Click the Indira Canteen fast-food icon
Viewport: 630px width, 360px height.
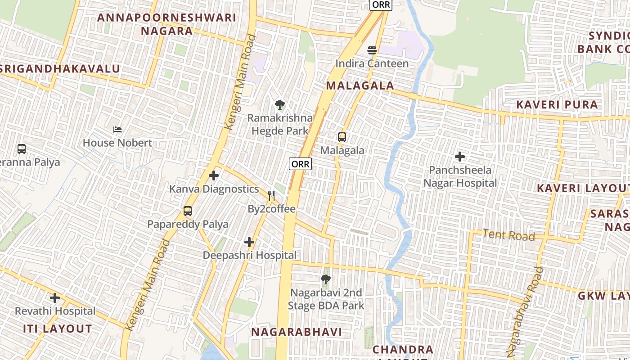point(372,50)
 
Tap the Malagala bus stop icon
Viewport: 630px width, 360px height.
point(342,137)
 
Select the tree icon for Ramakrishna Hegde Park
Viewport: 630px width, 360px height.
point(280,105)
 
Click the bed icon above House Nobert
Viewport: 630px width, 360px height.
point(117,130)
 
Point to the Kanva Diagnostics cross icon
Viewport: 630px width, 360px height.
point(214,175)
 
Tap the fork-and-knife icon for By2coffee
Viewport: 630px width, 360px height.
point(271,195)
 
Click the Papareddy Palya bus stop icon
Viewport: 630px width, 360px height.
point(188,211)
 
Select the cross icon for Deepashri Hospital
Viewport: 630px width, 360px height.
point(249,242)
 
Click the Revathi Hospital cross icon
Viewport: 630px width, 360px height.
point(55,298)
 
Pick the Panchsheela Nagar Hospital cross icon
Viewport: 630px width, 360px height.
point(460,157)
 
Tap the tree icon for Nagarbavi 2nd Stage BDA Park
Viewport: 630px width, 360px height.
point(326,279)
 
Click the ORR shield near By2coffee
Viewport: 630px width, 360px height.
point(300,164)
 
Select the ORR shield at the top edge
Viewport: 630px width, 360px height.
point(381,4)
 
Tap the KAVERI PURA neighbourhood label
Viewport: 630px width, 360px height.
point(557,105)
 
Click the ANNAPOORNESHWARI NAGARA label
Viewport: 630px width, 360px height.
point(166,24)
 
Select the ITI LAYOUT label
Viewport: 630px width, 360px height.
point(58,329)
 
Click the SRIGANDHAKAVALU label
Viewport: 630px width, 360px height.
point(60,69)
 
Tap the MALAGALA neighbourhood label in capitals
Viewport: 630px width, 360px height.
point(360,85)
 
